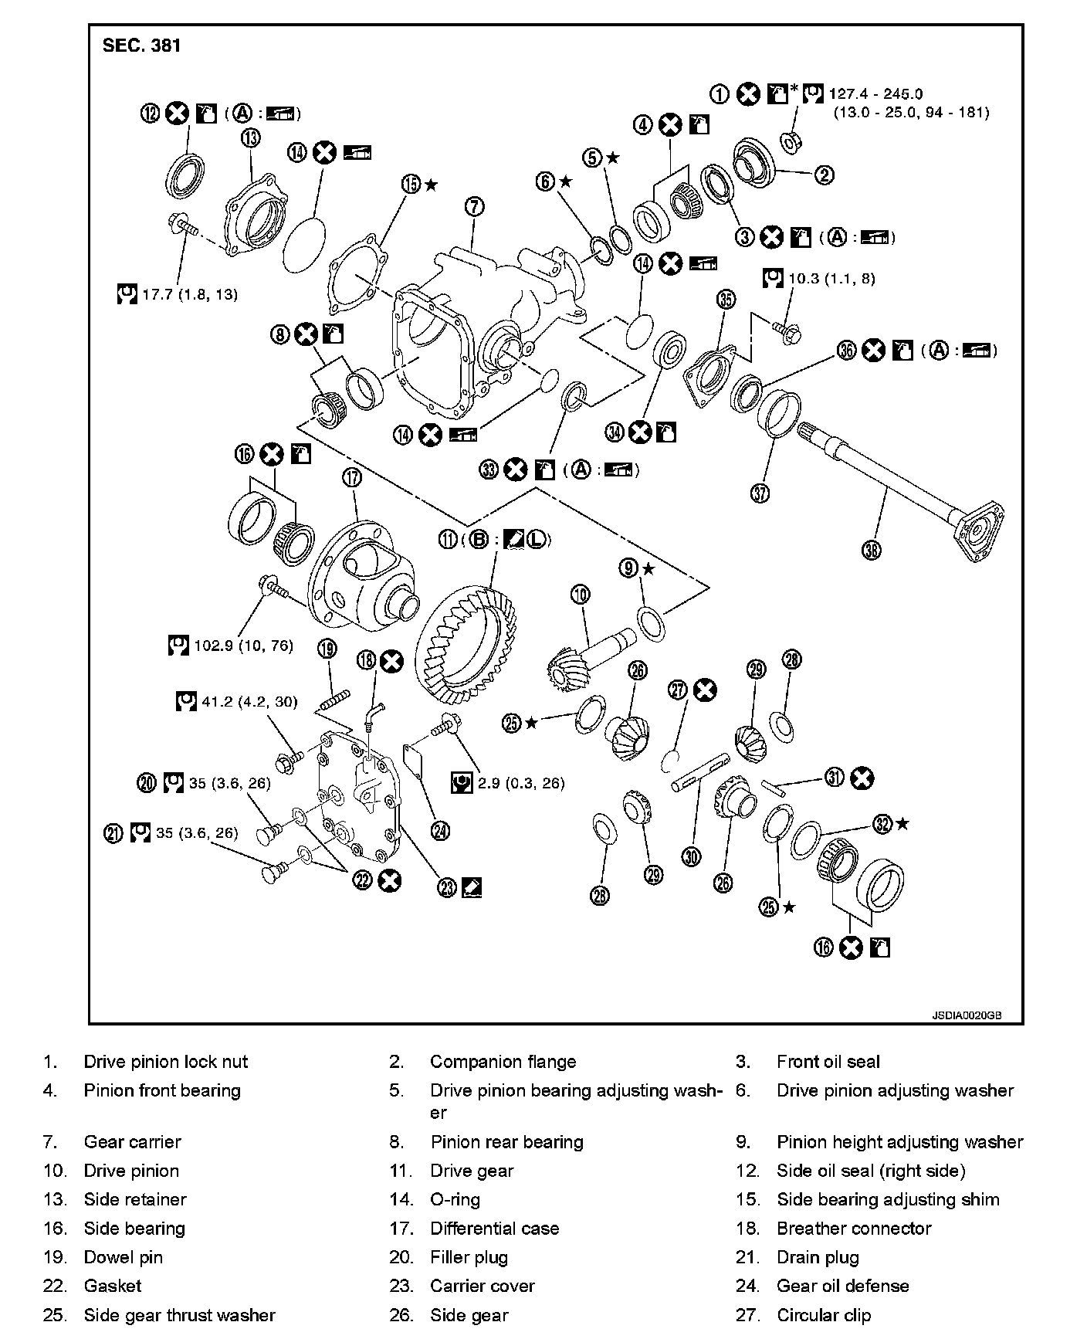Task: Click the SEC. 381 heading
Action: [142, 46]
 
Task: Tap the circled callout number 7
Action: [475, 206]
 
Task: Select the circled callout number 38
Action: [872, 550]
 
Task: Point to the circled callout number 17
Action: [352, 478]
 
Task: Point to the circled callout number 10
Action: [581, 594]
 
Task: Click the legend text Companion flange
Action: [503, 1062]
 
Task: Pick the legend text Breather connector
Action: [854, 1228]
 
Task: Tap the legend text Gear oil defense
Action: [842, 1286]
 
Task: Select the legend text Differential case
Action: [494, 1228]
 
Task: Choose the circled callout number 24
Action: [440, 831]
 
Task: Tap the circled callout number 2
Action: [824, 175]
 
